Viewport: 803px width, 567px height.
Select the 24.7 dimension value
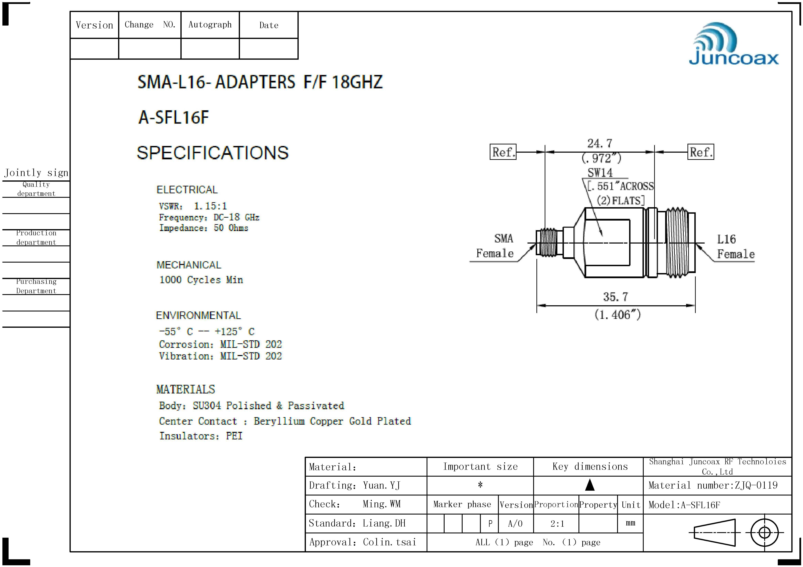click(599, 143)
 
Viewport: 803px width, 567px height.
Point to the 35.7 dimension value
click(615, 297)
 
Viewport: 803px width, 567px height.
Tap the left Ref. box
click(503, 152)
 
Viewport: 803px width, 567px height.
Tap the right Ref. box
click(701, 152)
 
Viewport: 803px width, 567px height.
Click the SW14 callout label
click(600, 173)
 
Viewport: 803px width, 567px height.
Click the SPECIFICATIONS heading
click(213, 153)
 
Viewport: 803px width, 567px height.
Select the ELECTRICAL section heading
click(187, 190)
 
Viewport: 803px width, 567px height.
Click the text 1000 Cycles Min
click(201, 280)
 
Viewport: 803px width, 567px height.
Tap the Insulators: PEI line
click(201, 436)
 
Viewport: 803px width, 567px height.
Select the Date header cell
click(269, 25)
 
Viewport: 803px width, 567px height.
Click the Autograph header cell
click(210, 25)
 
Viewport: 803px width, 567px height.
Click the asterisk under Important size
click(480, 485)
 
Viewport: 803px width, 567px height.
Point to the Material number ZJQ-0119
click(713, 485)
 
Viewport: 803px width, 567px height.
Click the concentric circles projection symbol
click(765, 533)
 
